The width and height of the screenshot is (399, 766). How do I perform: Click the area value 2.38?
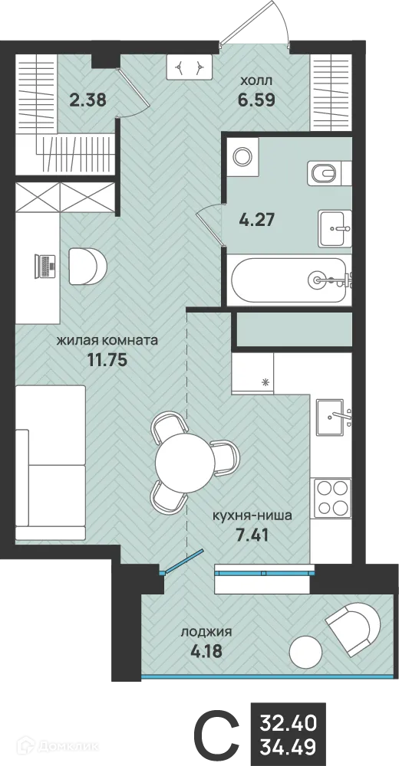87,98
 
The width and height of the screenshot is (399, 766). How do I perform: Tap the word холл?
256,79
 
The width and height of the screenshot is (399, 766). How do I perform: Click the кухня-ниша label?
252,516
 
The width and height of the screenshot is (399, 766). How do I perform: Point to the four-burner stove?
331,496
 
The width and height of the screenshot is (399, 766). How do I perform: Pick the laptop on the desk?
46,265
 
